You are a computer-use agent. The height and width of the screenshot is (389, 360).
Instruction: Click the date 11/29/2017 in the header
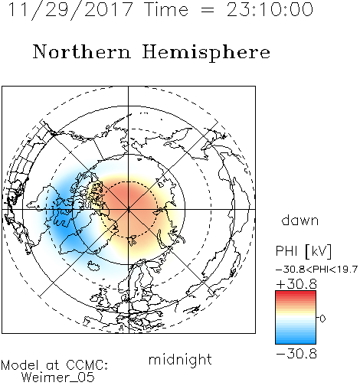click(x=70, y=10)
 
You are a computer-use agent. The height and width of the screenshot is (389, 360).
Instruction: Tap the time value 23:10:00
click(x=270, y=9)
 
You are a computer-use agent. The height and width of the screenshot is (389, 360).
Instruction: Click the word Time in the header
click(x=166, y=9)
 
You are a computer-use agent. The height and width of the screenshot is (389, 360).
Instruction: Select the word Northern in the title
click(x=82, y=51)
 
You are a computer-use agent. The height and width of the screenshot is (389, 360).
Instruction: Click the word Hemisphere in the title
click(x=206, y=53)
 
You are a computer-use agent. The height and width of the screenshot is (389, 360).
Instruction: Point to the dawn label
click(x=300, y=221)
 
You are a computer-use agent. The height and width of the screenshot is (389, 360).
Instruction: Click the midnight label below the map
click(x=180, y=359)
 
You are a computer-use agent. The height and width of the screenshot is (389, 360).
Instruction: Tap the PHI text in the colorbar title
click(x=287, y=251)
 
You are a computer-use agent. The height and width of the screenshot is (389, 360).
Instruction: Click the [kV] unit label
click(x=319, y=251)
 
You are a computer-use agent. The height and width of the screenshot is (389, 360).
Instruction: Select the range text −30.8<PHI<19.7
click(x=317, y=270)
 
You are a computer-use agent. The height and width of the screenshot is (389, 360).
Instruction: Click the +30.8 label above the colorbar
click(x=296, y=284)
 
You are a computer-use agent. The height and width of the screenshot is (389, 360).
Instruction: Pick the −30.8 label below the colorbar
click(x=296, y=354)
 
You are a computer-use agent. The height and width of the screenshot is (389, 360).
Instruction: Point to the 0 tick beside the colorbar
click(x=322, y=319)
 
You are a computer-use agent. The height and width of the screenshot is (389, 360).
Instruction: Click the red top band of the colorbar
click(x=296, y=293)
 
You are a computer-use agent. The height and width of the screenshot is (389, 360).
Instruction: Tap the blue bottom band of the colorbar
click(x=296, y=342)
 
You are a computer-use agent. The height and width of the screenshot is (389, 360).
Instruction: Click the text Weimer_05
click(x=58, y=378)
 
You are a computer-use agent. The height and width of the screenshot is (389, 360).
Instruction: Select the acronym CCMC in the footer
click(x=86, y=365)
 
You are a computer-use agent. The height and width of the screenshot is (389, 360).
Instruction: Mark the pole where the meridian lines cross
click(x=129, y=209)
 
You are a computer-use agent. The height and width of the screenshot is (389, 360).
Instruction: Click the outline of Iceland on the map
click(x=93, y=266)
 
